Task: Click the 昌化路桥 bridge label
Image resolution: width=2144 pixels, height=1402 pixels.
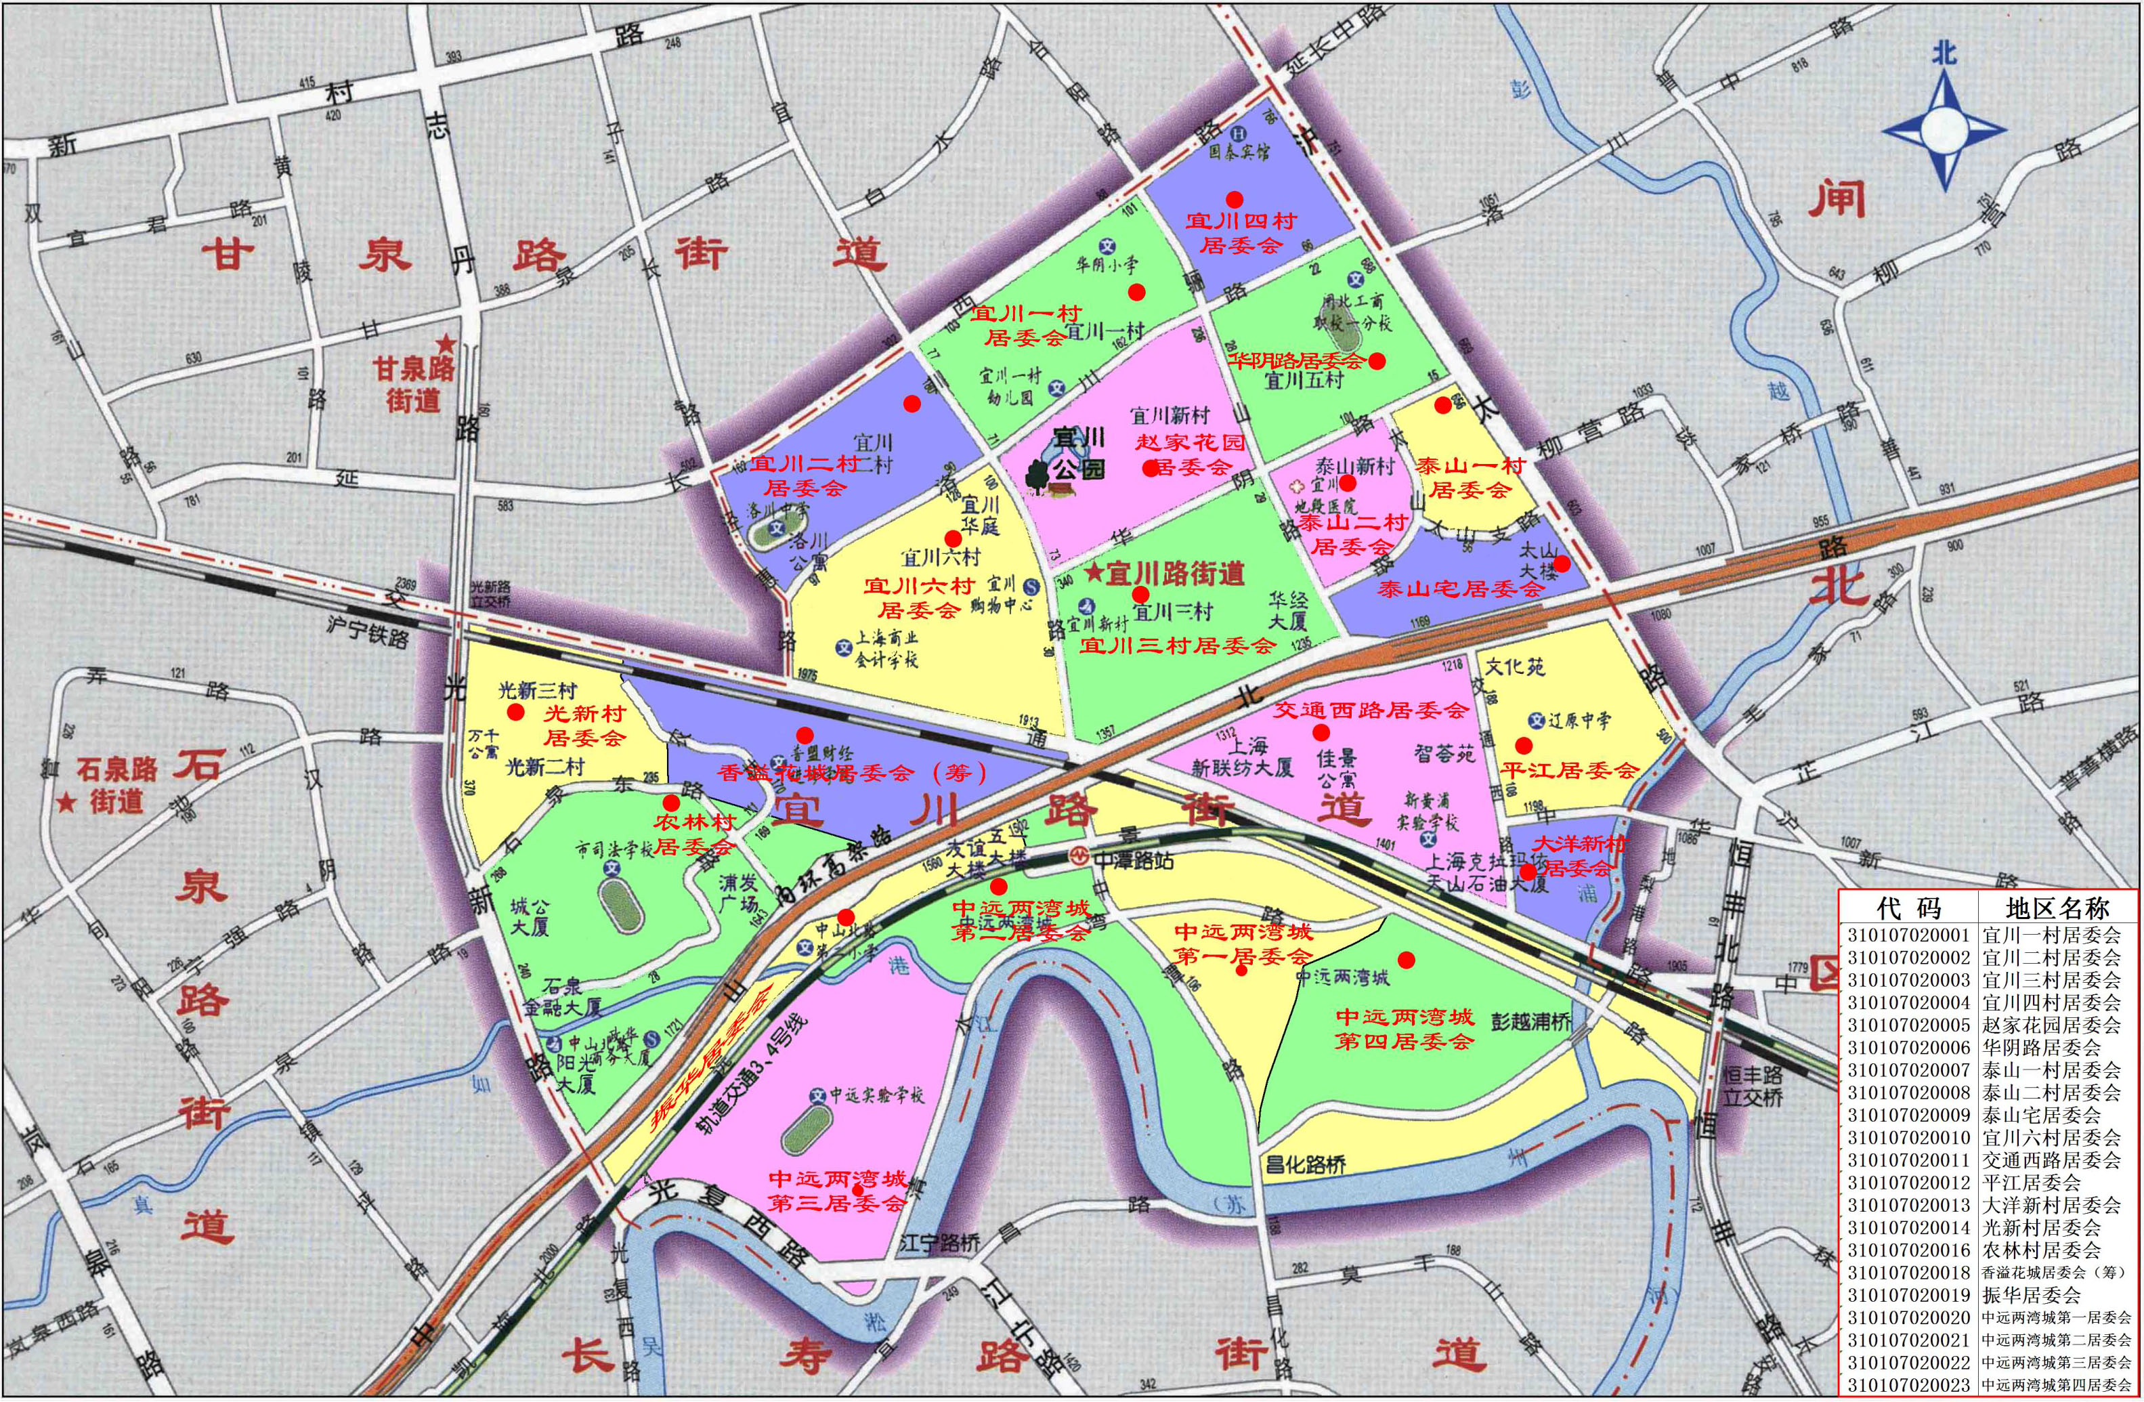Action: click(x=1304, y=1165)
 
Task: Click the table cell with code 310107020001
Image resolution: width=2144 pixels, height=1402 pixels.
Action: click(x=1907, y=935)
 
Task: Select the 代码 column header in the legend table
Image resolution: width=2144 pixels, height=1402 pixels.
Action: click(x=1907, y=908)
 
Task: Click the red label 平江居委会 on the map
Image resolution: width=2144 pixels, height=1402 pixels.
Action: click(x=1568, y=770)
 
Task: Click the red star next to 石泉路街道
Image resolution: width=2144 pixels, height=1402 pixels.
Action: click(x=66, y=802)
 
